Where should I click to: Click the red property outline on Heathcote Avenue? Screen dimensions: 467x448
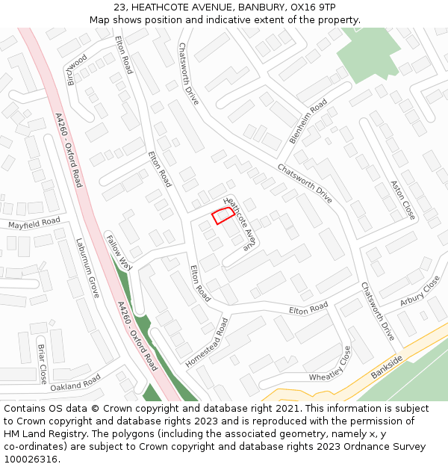221,215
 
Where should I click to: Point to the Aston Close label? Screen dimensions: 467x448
403,200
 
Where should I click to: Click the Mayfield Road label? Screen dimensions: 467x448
34,223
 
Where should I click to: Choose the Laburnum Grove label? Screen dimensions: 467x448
87,268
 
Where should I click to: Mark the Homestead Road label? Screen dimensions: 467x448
207,342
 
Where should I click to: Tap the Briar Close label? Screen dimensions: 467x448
43,362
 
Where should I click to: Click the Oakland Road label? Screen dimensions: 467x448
75,383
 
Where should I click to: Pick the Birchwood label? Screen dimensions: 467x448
77,69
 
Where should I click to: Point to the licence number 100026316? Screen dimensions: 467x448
31,460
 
